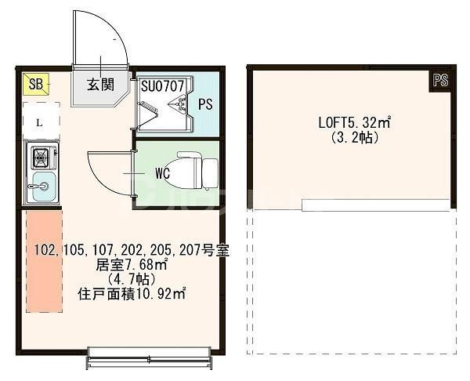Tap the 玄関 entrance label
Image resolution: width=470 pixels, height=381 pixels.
[x=99, y=85]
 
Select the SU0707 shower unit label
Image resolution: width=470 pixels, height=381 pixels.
[x=163, y=85]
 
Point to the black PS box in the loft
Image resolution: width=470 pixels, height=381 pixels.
[x=440, y=79]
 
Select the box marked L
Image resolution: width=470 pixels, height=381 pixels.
[x=39, y=122]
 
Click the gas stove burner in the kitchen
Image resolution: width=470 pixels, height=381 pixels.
[x=38, y=159]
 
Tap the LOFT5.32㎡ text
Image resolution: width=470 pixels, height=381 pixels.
[x=355, y=123]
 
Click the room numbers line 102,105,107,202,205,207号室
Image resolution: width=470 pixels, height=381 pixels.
[x=132, y=252]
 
